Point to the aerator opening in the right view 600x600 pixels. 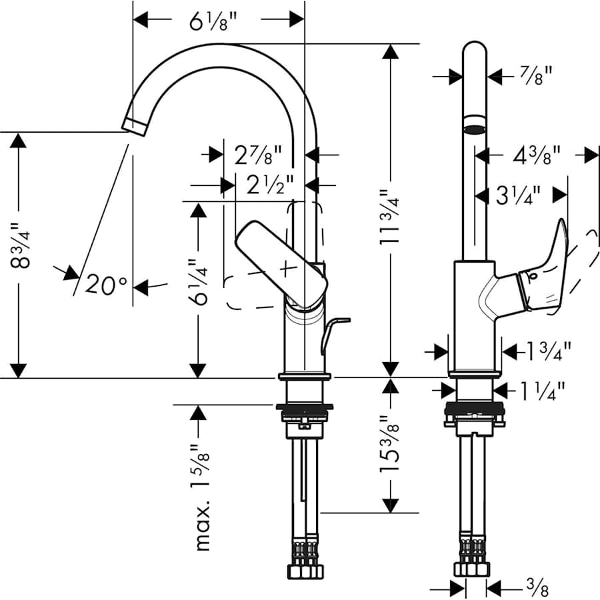[475, 129]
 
